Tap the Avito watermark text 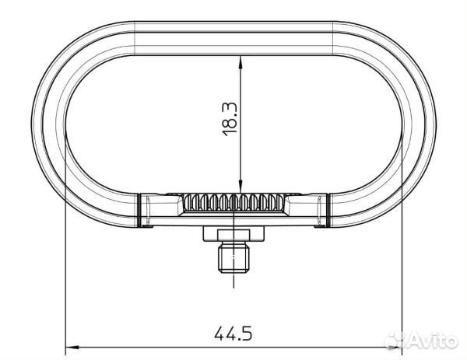pos(433,341)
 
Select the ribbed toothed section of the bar pos(233,204)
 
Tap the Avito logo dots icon pos(398,341)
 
